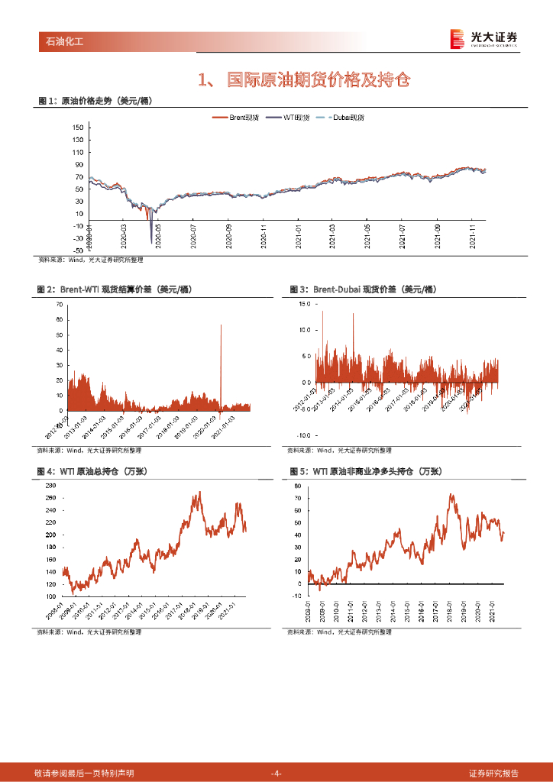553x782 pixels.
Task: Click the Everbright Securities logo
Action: pos(483,38)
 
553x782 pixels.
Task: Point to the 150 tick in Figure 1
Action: pos(77,128)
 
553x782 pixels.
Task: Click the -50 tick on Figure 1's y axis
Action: pos(77,250)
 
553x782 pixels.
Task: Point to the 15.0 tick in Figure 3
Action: pos(304,304)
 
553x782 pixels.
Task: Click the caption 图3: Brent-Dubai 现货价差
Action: pos(352,289)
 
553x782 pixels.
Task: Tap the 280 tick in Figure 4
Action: pos(50,486)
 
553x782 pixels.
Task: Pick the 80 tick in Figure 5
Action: pos(299,486)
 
